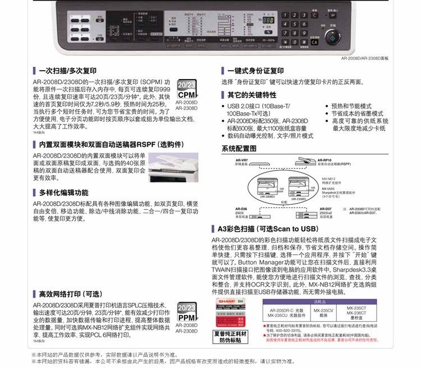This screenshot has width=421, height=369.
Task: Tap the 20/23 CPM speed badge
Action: tap(186, 89)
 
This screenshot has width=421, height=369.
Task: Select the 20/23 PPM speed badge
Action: tap(186, 312)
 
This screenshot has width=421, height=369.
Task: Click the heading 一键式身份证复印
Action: tap(255, 71)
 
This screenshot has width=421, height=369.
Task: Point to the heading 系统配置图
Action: tap(239, 149)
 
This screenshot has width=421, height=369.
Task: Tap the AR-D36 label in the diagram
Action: tap(241, 209)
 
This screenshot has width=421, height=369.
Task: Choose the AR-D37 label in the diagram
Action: tap(325, 209)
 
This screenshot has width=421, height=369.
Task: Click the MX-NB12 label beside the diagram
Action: tap(330, 179)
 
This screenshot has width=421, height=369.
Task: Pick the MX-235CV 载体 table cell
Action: tap(323, 312)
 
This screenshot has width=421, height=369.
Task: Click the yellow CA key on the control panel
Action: tap(314, 43)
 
